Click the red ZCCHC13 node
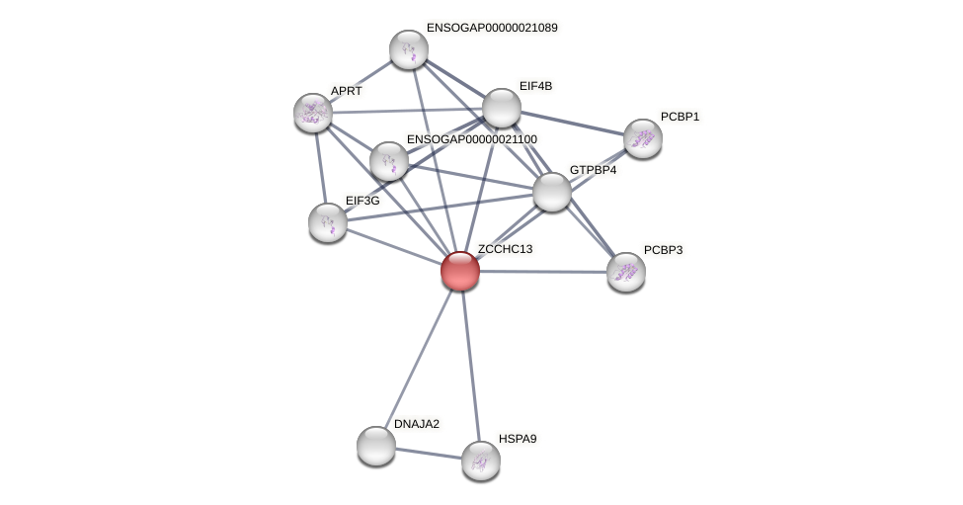[x=460, y=271]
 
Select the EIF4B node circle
[x=502, y=108]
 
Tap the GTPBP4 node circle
[x=552, y=192]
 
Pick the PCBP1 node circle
[x=642, y=138]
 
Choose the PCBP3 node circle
[x=626, y=272]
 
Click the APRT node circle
[x=313, y=113]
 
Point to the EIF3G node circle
[x=328, y=222]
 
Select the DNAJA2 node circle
[x=376, y=446]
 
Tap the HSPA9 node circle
[x=481, y=461]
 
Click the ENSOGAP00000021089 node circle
[x=409, y=49]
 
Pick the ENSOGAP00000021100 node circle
[x=389, y=161]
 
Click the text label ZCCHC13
[x=505, y=249]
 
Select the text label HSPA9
[x=518, y=439]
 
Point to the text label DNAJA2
[x=417, y=424]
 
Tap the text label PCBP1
[x=680, y=117]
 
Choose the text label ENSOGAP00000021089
[x=492, y=28]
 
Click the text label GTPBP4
[x=593, y=170]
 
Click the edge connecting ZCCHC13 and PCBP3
[x=543, y=271]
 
